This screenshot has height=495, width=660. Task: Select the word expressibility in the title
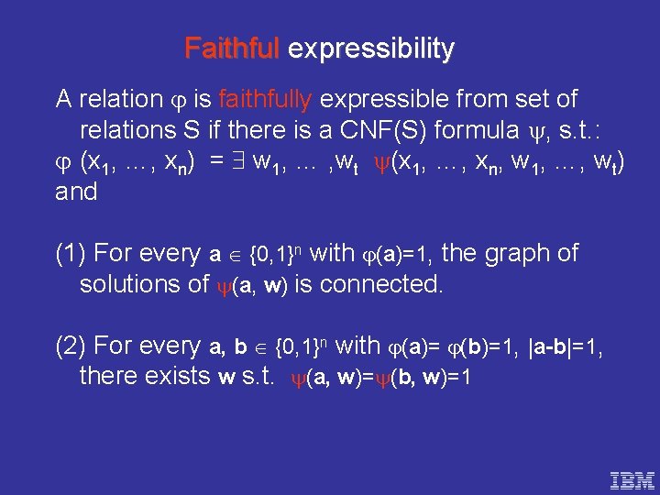pyautogui.click(x=370, y=49)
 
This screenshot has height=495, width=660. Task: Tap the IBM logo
pyautogui.click(x=632, y=478)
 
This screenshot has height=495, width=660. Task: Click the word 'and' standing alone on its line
pyautogui.click(x=76, y=192)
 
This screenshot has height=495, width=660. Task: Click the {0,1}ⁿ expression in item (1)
pyautogui.click(x=279, y=253)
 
